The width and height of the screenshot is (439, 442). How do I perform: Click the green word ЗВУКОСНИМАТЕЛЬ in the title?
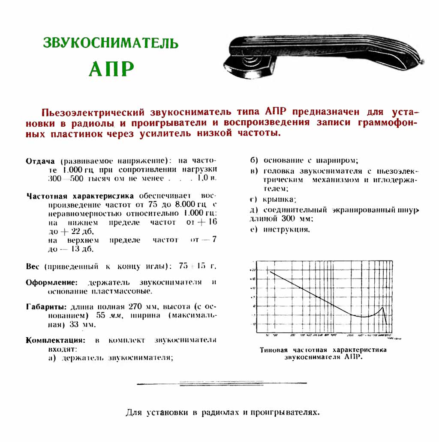(x=110, y=43)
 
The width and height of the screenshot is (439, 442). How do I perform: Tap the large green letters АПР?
(x=111, y=68)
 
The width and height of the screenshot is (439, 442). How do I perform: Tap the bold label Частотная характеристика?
(x=80, y=196)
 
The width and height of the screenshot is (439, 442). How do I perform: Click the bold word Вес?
(x=33, y=266)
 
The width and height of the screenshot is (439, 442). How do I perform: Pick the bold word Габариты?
(x=46, y=307)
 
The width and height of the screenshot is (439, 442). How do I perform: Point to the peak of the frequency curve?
(x=382, y=308)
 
